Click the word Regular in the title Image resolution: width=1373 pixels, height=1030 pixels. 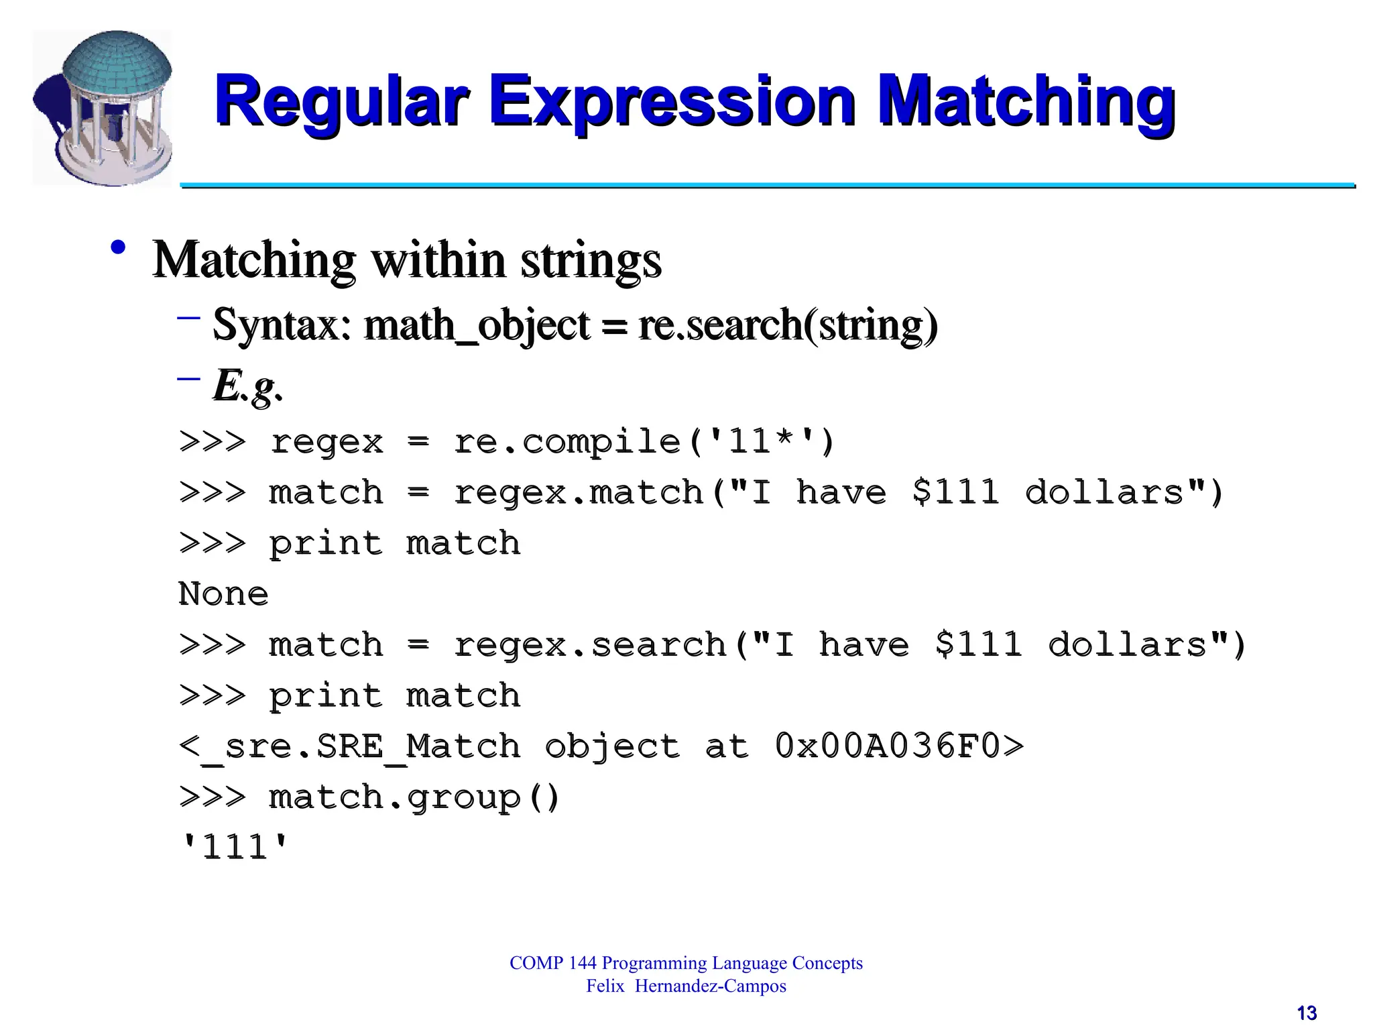tap(341, 103)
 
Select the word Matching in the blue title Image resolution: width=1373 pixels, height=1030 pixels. tap(1026, 103)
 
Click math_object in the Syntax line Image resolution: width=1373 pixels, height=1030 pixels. tap(477, 325)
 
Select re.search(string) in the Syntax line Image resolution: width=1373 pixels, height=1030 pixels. tap(788, 325)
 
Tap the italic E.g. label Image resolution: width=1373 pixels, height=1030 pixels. tap(247, 386)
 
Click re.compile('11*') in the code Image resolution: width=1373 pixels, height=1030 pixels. tap(644, 442)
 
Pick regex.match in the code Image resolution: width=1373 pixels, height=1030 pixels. tap(578, 493)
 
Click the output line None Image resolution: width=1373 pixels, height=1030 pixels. tap(223, 594)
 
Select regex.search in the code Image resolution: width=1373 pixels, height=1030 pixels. tap(590, 645)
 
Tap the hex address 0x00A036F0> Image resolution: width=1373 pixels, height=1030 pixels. tap(898, 746)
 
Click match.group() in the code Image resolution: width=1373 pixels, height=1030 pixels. tap(414, 798)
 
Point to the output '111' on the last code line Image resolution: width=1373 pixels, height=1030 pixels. tap(235, 848)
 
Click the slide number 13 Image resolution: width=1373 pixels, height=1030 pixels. tap(1307, 1013)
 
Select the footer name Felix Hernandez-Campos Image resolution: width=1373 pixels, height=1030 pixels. tap(686, 986)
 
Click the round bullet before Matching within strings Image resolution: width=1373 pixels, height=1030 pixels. tap(119, 248)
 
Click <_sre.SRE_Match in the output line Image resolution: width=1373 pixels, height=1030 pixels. tap(349, 746)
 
